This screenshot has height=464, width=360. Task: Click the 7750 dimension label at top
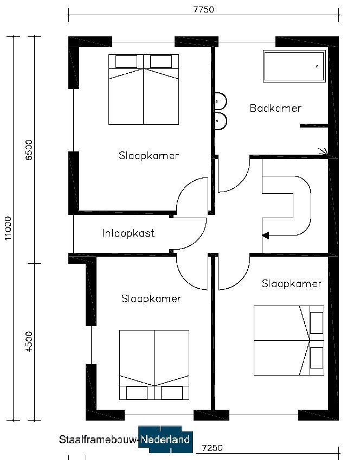(204, 9)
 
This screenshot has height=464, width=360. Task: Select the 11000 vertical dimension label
(8, 228)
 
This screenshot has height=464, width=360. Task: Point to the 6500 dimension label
(29, 150)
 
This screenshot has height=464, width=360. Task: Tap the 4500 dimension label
(29, 341)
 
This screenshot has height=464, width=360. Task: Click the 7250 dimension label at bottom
(212, 448)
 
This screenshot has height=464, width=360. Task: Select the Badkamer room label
(275, 108)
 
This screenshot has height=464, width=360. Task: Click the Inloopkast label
(128, 233)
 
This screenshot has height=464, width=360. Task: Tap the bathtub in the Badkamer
(294, 66)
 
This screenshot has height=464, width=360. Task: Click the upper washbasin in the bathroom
(221, 101)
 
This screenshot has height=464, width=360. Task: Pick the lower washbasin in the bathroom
(221, 120)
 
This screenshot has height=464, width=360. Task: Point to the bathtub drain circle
(317, 66)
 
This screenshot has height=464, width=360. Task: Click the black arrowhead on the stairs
(266, 236)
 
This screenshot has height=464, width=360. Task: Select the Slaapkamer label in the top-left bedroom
(149, 156)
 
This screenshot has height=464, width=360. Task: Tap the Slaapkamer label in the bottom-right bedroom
(292, 283)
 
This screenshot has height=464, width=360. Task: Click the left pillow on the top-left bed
(126, 61)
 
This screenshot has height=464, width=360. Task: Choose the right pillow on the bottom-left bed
(172, 393)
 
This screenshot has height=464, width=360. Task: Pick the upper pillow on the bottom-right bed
(317, 322)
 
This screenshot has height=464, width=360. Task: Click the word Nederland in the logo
(165, 439)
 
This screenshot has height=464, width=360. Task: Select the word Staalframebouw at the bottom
(98, 440)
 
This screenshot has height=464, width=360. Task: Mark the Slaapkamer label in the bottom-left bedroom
(151, 298)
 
